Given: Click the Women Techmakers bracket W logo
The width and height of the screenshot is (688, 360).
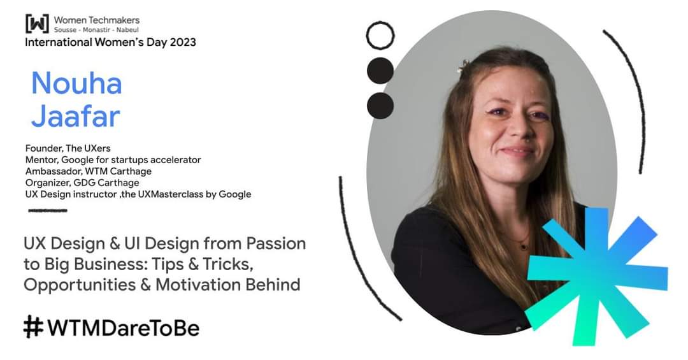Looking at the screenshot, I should click(36, 24).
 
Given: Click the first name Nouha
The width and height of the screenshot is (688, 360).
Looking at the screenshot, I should click(76, 83).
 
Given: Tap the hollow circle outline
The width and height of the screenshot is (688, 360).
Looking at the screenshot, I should click(380, 35).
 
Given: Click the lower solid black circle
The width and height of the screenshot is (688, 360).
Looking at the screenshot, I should click(380, 105).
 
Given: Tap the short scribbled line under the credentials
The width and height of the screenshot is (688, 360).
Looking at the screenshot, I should click(48, 210).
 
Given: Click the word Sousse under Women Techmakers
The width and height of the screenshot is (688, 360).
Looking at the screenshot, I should click(74, 30).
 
